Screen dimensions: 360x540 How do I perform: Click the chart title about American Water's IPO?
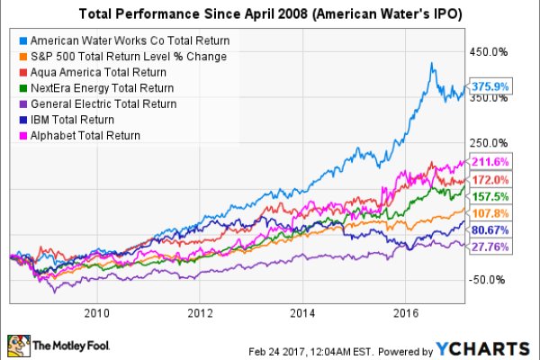269,14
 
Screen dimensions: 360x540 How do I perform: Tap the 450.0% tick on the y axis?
491,52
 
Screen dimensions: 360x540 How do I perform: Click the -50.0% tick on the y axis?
491,279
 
